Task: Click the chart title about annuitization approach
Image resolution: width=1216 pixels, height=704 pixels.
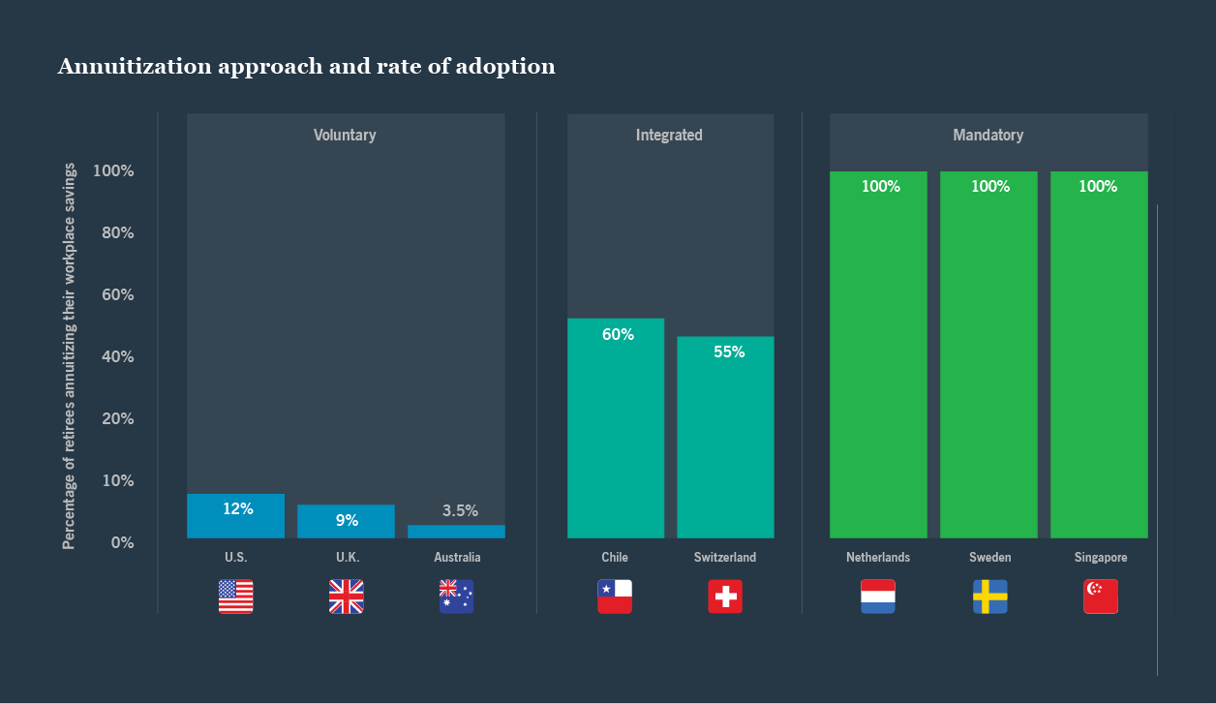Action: click(306, 67)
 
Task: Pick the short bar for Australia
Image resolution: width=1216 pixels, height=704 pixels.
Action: click(456, 532)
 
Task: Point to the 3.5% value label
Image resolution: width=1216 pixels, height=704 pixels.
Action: click(460, 510)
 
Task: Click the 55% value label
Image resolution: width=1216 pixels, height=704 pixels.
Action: click(729, 352)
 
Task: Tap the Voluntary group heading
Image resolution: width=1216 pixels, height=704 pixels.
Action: click(345, 136)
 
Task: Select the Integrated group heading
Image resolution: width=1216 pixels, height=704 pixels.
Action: click(669, 136)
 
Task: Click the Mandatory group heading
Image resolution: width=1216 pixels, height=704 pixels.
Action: click(988, 136)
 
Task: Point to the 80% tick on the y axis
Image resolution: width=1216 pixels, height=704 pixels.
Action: click(113, 232)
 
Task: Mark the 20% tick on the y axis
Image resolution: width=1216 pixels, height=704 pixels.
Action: click(113, 418)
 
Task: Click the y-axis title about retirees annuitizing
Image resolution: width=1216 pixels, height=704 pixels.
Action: click(69, 356)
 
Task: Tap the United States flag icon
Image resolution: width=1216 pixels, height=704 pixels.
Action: click(235, 597)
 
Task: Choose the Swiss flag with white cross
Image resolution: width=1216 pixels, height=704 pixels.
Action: click(725, 597)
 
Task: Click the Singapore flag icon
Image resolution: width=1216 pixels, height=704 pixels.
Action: click(1101, 597)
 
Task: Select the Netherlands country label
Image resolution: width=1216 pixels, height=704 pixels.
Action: click(878, 558)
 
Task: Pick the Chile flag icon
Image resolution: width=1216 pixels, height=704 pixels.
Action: click(615, 597)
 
